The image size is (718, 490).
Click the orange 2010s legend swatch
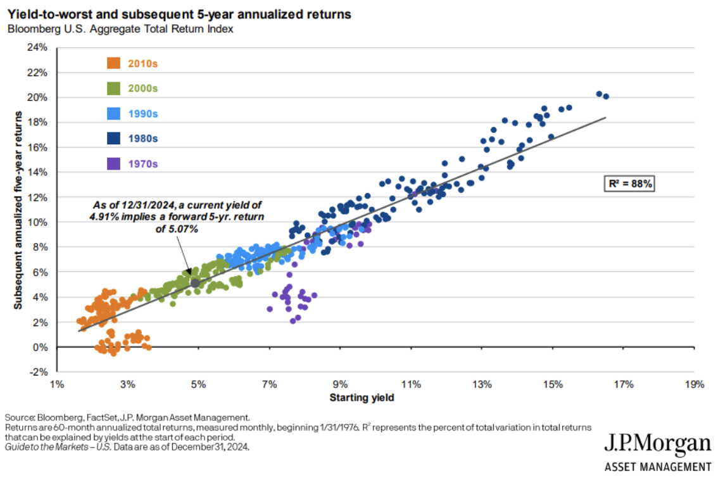coord(114,63)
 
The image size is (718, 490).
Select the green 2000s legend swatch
coord(114,88)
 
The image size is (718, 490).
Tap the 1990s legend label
coord(142,114)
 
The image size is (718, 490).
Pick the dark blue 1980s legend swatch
coord(114,139)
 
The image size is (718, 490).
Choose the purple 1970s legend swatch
coord(114,164)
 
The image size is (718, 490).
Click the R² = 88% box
coord(627,184)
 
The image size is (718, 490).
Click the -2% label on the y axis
coord(39,372)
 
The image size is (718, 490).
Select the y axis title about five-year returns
coord(19,210)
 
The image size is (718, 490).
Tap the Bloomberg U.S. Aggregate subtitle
coord(119,29)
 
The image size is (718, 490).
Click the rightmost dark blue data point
coord(606,96)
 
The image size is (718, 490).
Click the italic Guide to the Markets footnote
coord(127,446)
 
